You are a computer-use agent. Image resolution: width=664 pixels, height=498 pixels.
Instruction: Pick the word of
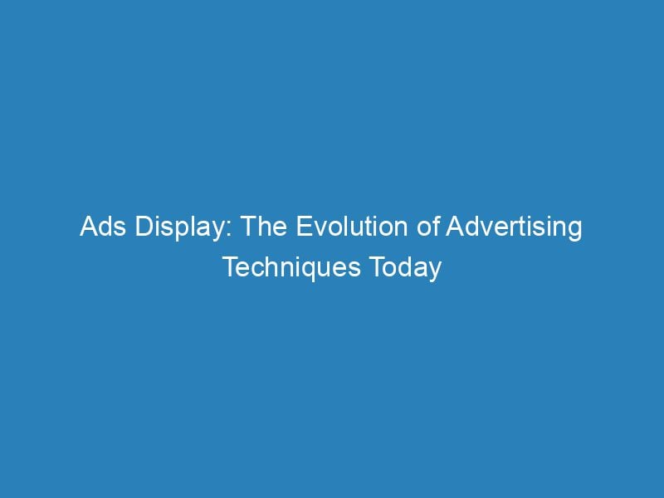point(428,228)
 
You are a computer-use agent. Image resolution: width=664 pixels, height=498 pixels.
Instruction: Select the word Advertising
point(513,228)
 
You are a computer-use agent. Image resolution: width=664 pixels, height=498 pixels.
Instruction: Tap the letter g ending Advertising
point(574,232)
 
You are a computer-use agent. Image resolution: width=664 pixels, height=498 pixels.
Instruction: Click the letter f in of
point(436,227)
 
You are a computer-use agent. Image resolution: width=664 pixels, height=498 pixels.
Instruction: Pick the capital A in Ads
point(89,228)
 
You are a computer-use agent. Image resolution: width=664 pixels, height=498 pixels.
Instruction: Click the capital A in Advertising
point(452,228)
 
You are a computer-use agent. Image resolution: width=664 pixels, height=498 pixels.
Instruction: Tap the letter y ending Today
point(433,271)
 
